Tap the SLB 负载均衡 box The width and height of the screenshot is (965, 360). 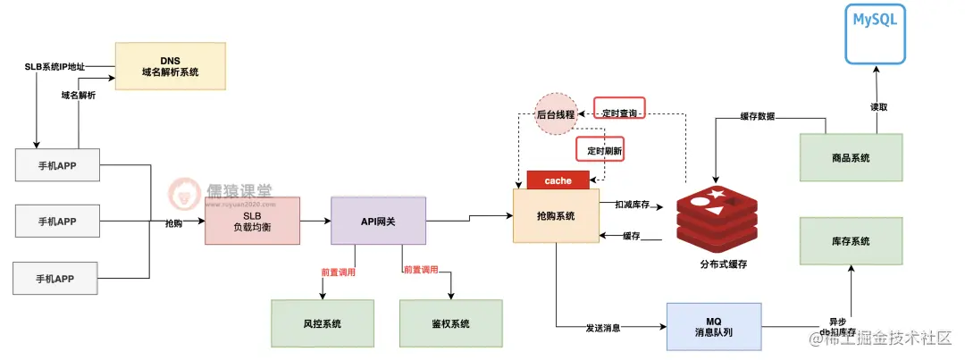[x=252, y=221]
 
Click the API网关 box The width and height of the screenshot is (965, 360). [x=378, y=221]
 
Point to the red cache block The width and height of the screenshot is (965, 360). [x=558, y=180]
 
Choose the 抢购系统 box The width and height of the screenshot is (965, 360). [x=556, y=216]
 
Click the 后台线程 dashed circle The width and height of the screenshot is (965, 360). [x=556, y=114]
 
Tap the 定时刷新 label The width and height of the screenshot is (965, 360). [x=599, y=150]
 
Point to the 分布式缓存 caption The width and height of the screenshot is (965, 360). [x=723, y=266]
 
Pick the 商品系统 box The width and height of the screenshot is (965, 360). [x=850, y=158]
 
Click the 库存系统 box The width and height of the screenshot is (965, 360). [x=850, y=241]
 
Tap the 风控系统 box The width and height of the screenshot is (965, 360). [x=323, y=323]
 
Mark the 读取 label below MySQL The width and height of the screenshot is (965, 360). [x=879, y=107]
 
